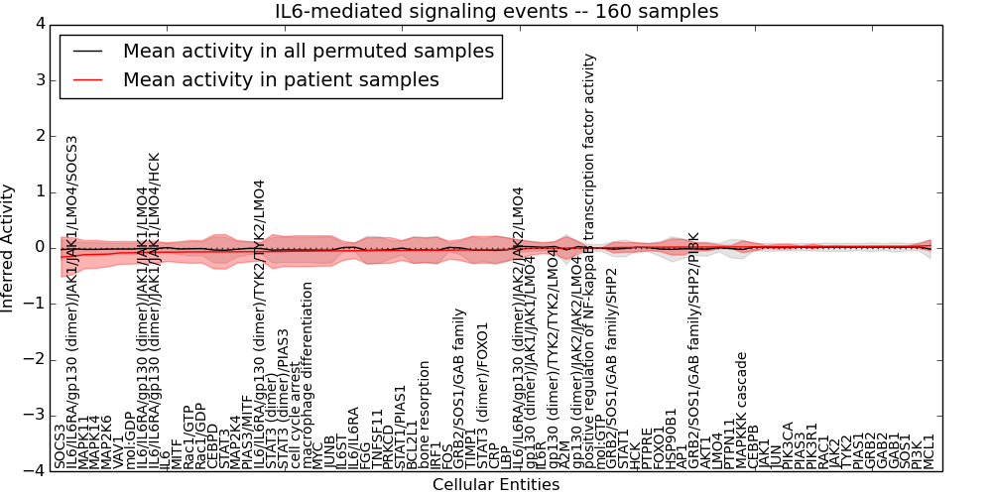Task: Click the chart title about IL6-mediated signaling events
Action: click(496, 11)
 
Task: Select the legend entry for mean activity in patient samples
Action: click(281, 79)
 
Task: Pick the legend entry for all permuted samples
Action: click(308, 51)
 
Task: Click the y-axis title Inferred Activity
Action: click(9, 247)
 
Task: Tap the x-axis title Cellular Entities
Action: click(496, 485)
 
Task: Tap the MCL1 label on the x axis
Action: click(930, 451)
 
